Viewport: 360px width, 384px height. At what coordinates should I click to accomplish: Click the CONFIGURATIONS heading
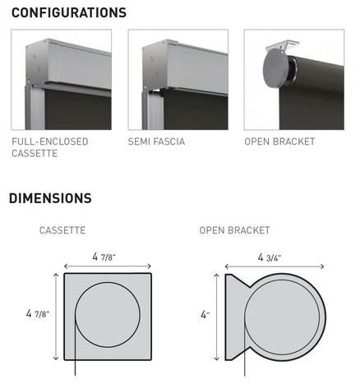click(69, 12)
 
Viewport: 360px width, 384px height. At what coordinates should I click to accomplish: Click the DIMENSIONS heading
click(50, 198)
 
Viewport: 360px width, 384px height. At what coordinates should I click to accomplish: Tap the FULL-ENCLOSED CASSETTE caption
click(50, 147)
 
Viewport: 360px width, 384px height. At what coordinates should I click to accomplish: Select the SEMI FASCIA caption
click(156, 141)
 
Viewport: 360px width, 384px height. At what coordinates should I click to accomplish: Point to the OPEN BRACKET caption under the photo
click(279, 141)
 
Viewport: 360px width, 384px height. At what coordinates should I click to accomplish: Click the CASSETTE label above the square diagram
click(62, 230)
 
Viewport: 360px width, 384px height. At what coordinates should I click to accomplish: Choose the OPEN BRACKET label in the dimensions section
click(235, 230)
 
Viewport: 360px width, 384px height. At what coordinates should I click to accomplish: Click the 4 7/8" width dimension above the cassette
click(104, 257)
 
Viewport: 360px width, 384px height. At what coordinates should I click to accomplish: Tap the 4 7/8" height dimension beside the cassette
click(38, 313)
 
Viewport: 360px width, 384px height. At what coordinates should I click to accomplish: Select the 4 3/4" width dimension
click(270, 257)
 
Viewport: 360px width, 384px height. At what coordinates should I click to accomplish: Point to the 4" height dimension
click(205, 314)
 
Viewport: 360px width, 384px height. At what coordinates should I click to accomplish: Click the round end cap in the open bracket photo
click(275, 68)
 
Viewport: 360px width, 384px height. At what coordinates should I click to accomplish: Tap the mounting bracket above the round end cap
click(282, 46)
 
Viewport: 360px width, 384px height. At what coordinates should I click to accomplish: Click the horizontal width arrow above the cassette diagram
click(108, 266)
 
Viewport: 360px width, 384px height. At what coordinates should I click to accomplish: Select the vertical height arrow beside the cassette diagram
click(56, 317)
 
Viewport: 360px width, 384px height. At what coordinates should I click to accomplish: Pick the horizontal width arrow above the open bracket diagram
click(275, 266)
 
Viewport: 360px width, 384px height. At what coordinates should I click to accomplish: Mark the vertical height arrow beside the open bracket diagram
click(217, 317)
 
